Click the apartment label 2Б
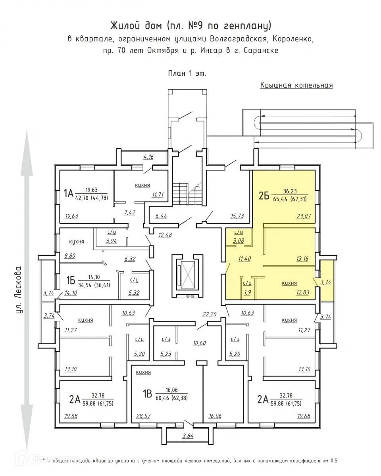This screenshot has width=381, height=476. click(x=264, y=196)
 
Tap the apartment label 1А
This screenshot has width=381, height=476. click(x=68, y=193)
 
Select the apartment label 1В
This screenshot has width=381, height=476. click(x=147, y=393)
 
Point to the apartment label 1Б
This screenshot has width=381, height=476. click(x=71, y=280)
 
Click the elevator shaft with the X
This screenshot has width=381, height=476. click(x=187, y=275)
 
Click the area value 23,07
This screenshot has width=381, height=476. click(x=304, y=216)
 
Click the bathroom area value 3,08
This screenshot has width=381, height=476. click(x=238, y=240)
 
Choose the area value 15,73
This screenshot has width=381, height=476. click(x=237, y=216)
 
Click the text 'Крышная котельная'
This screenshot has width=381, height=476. click(x=296, y=85)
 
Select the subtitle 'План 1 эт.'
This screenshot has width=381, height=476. click(x=187, y=73)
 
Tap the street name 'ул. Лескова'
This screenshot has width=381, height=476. click(x=19, y=290)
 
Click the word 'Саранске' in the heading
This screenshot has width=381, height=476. click(x=261, y=51)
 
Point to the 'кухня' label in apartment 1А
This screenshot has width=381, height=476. click(x=142, y=185)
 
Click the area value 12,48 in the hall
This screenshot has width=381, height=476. click(x=165, y=235)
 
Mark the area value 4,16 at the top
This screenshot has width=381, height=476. click(x=148, y=157)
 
